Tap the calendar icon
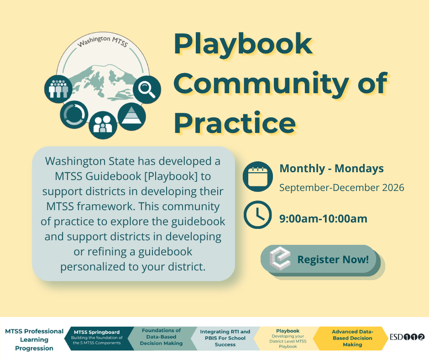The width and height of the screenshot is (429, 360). point(258,176)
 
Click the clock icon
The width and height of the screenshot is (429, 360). point(258,215)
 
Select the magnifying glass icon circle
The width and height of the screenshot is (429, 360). point(147,90)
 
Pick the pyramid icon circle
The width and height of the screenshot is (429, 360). point(132,116)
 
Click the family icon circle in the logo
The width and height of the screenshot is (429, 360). point(103,125)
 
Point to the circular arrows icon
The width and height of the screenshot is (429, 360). point(74,114)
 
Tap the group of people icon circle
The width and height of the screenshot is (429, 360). point(58,89)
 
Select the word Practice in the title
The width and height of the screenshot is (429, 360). point(235,123)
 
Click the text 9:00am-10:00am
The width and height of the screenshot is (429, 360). point(323,219)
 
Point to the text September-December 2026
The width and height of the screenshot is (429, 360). point(342,188)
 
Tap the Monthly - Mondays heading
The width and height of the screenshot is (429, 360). point(332,169)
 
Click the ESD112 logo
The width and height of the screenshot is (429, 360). point(407,337)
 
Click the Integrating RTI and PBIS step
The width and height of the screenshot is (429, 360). point(225,339)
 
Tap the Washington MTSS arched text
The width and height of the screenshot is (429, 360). point(103,41)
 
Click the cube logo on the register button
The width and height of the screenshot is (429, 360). point(280,258)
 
